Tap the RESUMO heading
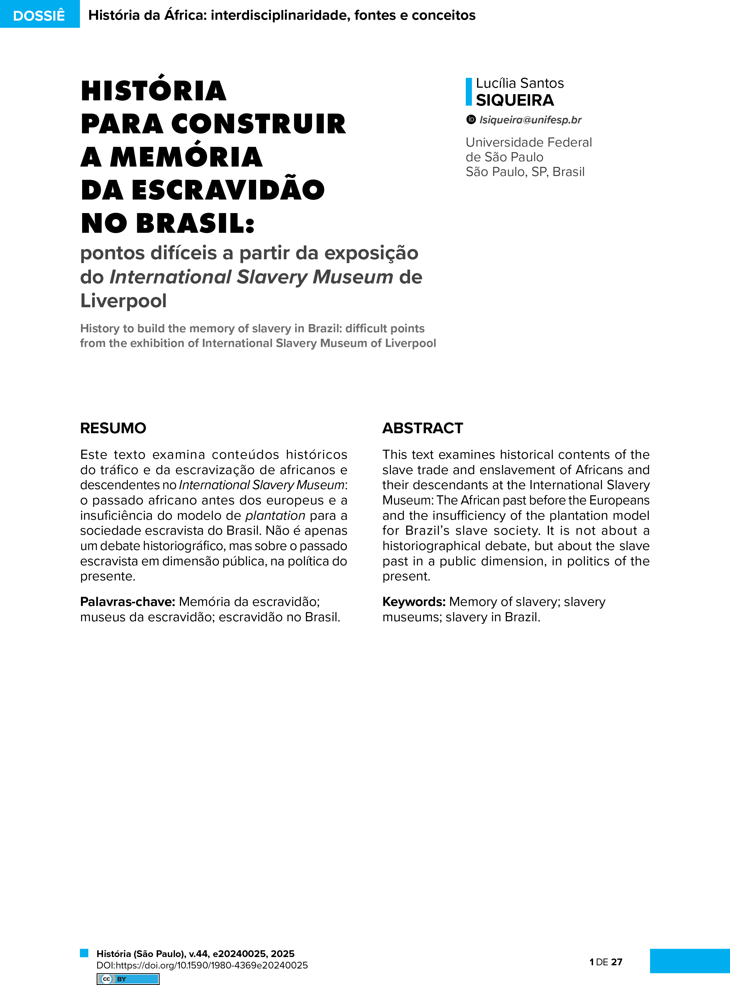113,428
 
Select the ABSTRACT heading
422,428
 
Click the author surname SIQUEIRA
515,100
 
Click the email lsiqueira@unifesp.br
530,120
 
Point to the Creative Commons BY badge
128,979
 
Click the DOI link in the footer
202,965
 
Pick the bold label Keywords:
414,602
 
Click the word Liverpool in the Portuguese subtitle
123,301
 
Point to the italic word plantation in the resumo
275,516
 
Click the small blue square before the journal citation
84,953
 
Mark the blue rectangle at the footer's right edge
689,960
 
